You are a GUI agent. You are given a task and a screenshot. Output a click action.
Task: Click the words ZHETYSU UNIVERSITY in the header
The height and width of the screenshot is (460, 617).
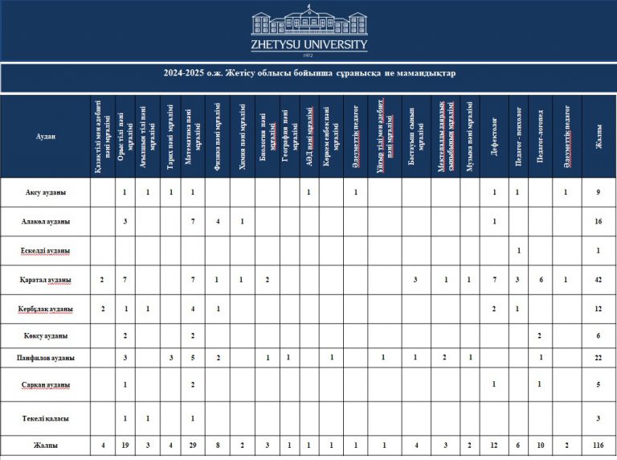pyautogui.click(x=308, y=45)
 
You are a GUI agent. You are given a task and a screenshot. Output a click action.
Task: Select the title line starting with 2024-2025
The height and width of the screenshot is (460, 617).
pyautogui.click(x=308, y=75)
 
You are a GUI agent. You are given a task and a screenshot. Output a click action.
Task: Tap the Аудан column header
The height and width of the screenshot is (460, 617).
pyautogui.click(x=45, y=136)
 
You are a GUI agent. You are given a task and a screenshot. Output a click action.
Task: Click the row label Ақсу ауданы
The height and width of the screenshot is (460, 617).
pyautogui.click(x=45, y=193)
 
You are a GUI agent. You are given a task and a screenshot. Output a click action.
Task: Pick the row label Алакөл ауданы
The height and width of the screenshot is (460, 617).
pyautogui.click(x=45, y=220)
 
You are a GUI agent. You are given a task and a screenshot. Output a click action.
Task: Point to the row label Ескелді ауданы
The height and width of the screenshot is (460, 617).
pyautogui.click(x=45, y=250)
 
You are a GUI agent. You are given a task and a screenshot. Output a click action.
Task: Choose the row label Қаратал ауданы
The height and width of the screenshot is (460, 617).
pyautogui.click(x=45, y=280)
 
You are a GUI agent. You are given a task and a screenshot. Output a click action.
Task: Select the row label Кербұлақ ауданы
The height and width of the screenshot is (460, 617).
pyautogui.click(x=45, y=309)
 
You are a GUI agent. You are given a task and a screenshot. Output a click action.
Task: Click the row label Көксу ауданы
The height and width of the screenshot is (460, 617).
pyautogui.click(x=45, y=335)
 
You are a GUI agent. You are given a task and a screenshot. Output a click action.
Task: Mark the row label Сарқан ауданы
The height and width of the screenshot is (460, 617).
pyautogui.click(x=45, y=384)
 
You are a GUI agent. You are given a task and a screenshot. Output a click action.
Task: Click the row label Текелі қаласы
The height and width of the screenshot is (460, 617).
pyautogui.click(x=45, y=418)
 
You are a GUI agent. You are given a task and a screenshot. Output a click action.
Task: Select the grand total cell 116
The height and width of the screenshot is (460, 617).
pyautogui.click(x=599, y=445)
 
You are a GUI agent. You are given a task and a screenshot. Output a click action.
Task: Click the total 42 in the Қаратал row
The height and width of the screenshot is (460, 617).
pyautogui.click(x=599, y=280)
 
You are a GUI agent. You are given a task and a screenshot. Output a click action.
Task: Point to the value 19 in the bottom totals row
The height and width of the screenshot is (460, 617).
pyautogui.click(x=125, y=445)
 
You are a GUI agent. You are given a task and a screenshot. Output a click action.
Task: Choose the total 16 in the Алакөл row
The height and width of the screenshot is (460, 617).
pyautogui.click(x=599, y=220)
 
